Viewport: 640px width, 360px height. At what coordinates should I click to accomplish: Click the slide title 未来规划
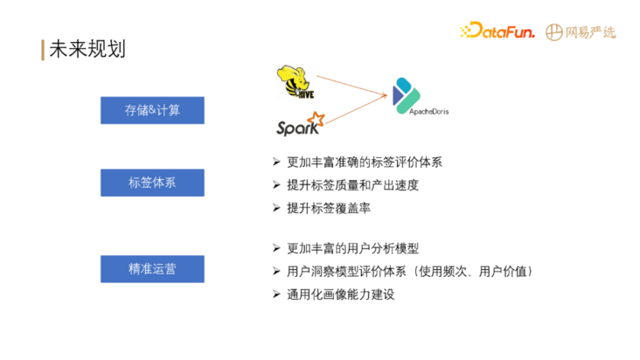(87, 49)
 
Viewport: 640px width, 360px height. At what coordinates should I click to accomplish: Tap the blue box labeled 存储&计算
(152, 110)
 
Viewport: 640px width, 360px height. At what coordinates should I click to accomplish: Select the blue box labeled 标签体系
(152, 183)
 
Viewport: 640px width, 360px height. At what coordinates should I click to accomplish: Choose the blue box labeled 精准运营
(152, 269)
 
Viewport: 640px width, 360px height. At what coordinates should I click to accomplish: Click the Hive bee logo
(296, 81)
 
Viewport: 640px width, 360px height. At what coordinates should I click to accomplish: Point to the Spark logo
(301, 124)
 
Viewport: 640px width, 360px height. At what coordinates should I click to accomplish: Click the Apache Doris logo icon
(406, 96)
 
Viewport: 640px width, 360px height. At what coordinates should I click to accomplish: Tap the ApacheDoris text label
(428, 112)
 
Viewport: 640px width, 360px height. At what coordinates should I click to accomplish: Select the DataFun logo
(497, 31)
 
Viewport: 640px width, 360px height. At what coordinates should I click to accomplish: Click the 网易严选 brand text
(590, 32)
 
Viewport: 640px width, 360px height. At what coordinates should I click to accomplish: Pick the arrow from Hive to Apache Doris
(351, 86)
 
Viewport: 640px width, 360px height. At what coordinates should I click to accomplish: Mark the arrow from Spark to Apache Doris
(357, 109)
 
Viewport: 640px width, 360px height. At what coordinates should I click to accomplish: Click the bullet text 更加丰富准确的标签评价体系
(365, 163)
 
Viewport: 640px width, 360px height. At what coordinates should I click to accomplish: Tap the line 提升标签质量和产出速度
(352, 185)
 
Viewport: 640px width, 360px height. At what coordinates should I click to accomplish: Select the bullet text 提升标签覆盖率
(329, 208)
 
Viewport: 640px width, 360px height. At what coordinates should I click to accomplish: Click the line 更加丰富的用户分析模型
(352, 248)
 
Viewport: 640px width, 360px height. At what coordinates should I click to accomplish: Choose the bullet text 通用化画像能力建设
(341, 294)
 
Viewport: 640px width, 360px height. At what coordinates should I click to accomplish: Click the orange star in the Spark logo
(317, 119)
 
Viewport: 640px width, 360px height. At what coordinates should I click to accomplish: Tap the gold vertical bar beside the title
(43, 50)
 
